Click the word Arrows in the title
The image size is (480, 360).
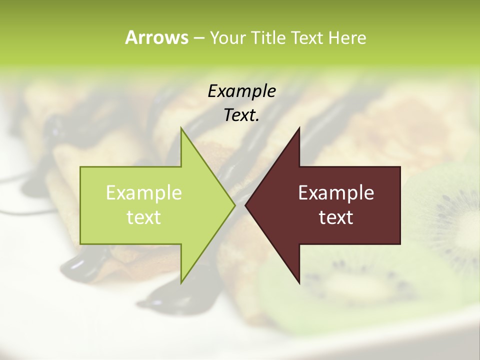(156, 37)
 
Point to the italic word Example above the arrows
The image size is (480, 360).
(241, 91)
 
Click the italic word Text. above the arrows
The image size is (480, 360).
(241, 115)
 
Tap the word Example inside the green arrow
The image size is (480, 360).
(143, 193)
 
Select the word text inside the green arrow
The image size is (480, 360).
(143, 217)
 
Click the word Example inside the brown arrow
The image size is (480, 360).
(336, 193)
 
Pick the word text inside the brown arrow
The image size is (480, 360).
(336, 217)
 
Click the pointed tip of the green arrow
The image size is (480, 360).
(234, 205)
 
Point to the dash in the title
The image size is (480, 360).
(198, 38)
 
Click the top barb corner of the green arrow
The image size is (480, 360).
(181, 128)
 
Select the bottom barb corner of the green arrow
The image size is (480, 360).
(181, 283)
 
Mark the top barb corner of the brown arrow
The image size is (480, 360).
(299, 128)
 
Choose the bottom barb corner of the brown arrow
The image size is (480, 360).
(299, 283)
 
